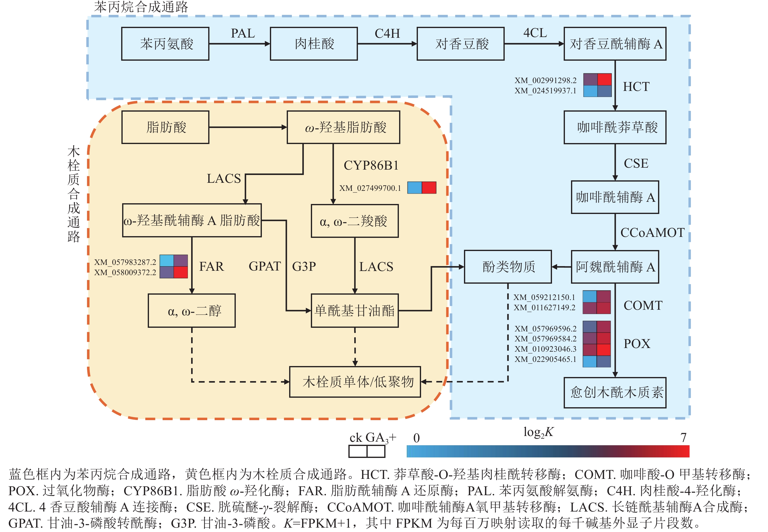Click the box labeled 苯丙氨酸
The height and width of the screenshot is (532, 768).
pos(165,44)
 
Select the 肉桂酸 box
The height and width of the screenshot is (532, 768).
pos(314,44)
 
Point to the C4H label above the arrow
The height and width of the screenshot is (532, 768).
pos(387,33)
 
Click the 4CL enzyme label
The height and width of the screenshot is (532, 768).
pos(535,33)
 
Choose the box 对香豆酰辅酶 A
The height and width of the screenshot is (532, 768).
pos(615,44)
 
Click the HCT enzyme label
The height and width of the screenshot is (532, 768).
pos(636,87)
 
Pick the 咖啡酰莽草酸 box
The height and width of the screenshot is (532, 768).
pos(615,127)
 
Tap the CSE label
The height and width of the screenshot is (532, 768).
pos(636,163)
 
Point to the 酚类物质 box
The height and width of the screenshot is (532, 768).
pos(508,267)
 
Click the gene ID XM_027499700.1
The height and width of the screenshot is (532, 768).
pos(370,188)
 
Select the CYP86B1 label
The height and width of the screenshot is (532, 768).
pos(371,165)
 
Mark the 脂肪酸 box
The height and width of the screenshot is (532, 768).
pos(165,127)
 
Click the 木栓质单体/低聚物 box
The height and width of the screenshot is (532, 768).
pos(355,382)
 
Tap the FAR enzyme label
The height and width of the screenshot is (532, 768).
pos(211,267)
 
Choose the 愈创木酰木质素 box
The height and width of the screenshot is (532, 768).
pos(615,392)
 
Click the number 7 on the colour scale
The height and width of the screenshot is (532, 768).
pos(683,437)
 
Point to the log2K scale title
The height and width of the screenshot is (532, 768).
pos(538,432)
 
